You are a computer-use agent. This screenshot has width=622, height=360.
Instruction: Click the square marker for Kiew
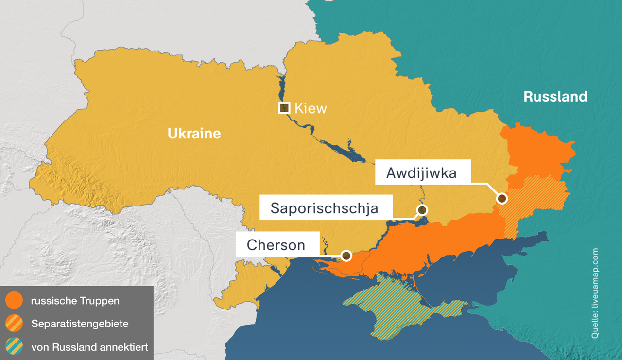coord(284,108)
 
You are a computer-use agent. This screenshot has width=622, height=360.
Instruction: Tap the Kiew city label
coord(311,108)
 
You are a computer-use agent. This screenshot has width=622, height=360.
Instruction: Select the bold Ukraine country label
coord(194,133)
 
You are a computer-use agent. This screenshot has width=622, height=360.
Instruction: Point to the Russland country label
coord(555,97)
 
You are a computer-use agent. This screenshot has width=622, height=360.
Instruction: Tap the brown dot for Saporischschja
coord(422,210)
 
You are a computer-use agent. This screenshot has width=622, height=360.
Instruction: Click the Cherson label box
coord(277,244)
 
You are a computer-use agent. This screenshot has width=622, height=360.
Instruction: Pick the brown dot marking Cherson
coord(346,255)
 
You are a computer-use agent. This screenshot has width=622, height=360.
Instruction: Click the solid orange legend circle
coord(14,301)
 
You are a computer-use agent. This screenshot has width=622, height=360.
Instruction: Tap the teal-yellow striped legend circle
coord(14,346)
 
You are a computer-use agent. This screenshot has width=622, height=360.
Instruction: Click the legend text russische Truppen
coord(75,301)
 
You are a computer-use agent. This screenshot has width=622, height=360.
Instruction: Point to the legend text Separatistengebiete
coord(80,324)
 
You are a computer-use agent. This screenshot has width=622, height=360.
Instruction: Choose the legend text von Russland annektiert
coord(89,347)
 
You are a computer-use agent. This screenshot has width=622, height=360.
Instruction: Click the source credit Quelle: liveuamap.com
coord(595,293)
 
